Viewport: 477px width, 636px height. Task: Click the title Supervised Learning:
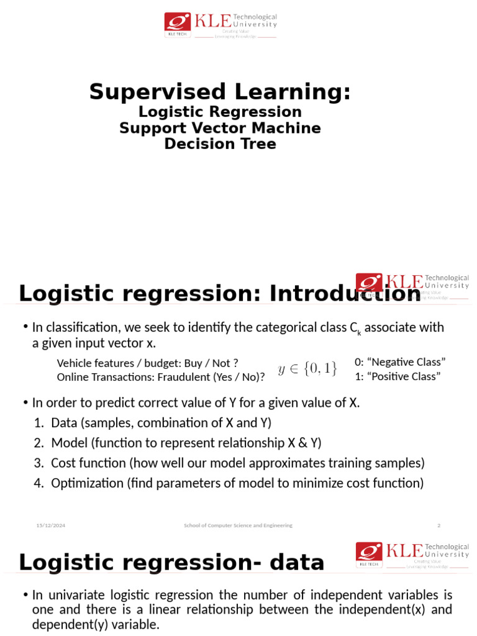coord(220,92)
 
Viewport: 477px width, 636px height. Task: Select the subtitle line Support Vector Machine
coord(220,128)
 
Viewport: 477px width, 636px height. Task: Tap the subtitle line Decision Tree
coord(220,144)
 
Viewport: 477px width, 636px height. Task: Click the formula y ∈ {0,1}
coord(307,369)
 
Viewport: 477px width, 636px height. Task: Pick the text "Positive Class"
coord(402,376)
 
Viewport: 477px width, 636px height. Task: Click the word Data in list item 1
coord(63,423)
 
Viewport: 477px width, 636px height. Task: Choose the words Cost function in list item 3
coord(88,463)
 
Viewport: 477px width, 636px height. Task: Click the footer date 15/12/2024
coord(51,525)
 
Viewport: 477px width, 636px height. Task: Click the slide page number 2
coord(438,525)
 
